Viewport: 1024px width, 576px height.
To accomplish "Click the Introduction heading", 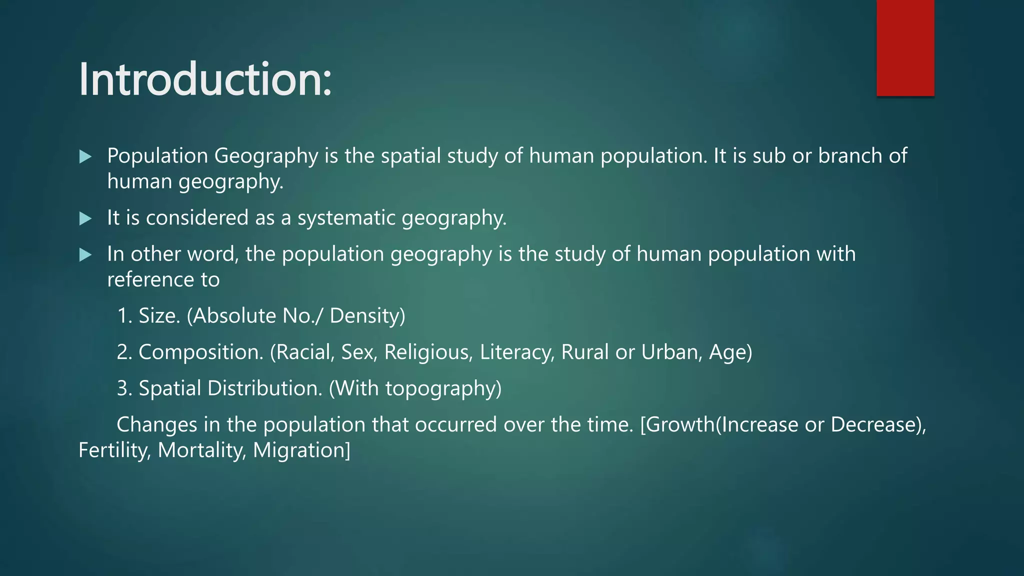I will pyautogui.click(x=205, y=79).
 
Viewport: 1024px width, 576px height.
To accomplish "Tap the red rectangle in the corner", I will pyautogui.click(x=905, y=48).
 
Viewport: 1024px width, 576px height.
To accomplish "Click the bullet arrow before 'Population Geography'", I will pyautogui.click(x=85, y=157).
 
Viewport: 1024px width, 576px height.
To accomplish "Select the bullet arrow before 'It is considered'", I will pyautogui.click(x=85, y=218).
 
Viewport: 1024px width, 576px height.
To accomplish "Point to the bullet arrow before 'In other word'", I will pyautogui.click(x=85, y=255).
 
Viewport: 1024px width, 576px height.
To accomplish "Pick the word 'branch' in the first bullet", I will pyautogui.click(x=849, y=156).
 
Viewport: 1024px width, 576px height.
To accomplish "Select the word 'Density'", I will pyautogui.click(x=366, y=316).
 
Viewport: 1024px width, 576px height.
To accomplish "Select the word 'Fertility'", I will pyautogui.click(x=114, y=450).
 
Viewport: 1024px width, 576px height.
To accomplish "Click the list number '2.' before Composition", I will pyautogui.click(x=124, y=352).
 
